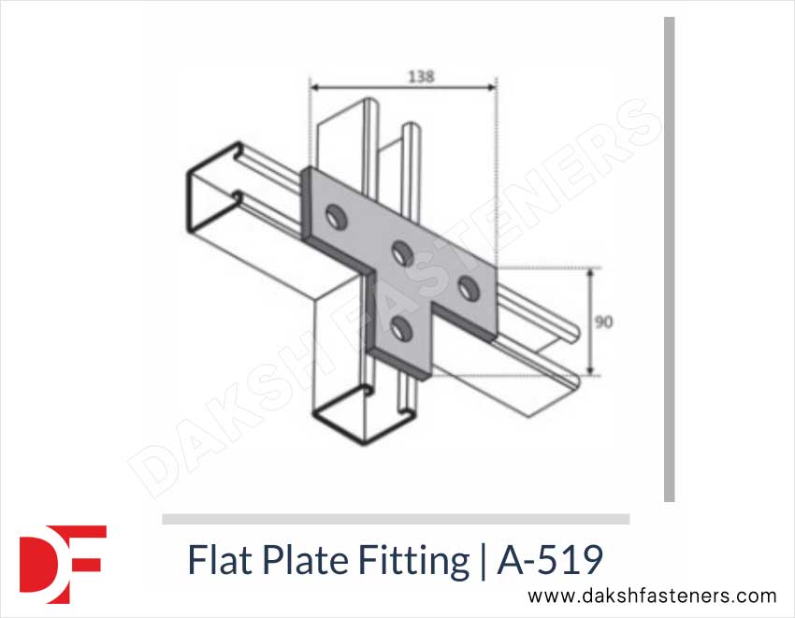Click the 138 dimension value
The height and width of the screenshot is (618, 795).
[421, 77]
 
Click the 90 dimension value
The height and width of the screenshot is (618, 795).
[604, 322]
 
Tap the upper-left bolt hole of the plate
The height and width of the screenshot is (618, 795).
[332, 219]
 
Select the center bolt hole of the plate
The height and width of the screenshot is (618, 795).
[402, 251]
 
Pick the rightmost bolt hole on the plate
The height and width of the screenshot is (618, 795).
[467, 284]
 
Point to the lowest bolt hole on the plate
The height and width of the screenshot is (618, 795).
[401, 327]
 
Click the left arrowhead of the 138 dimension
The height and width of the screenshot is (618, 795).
[315, 89]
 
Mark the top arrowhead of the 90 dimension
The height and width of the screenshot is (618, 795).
[589, 273]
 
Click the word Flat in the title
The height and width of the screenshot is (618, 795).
[216, 561]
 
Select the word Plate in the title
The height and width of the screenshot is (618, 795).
[298, 561]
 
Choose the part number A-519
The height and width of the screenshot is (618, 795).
[550, 561]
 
